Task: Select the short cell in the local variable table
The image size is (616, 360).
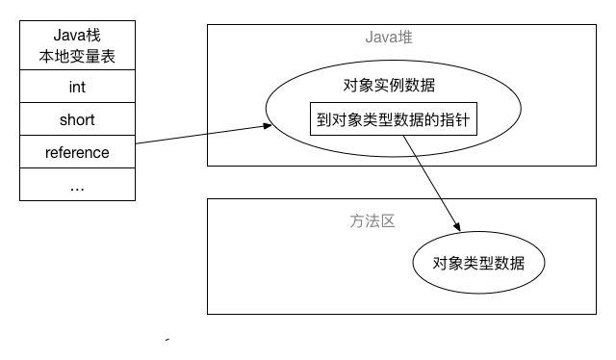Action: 77,120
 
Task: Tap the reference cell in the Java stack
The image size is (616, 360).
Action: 77,152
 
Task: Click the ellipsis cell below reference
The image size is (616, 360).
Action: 77,185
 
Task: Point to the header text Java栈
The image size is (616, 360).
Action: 77,38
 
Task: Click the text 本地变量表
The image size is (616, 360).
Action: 77,57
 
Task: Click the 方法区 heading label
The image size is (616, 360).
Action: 372,220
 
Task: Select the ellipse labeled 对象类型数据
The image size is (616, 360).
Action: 478,263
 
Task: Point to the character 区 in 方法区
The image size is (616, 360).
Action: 388,220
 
